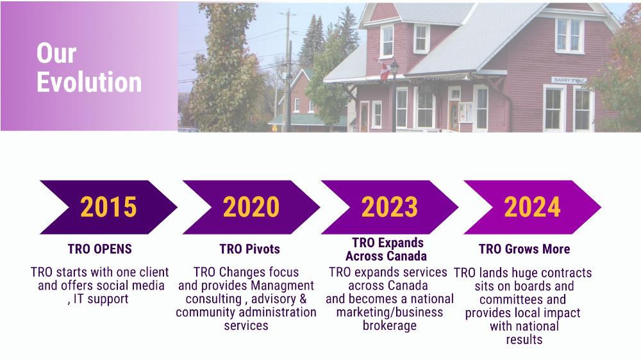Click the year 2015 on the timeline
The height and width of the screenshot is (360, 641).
108,207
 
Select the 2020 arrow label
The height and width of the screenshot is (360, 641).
251,207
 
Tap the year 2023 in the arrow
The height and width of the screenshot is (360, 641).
390,207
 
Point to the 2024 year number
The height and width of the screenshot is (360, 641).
532,207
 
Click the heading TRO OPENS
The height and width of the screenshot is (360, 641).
100,249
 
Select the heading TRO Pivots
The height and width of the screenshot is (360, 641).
250,249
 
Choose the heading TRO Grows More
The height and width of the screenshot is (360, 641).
524,249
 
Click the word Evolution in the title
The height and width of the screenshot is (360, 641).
89,82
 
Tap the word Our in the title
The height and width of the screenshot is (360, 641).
56,53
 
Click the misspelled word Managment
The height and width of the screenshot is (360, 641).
283,286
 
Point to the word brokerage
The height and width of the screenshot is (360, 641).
390,325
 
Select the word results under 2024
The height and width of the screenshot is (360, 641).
524,339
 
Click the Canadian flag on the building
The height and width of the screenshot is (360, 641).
384,70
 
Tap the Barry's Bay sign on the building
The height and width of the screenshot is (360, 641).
569,80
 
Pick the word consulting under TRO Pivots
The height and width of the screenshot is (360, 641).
213,299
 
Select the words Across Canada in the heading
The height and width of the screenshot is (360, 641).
387,256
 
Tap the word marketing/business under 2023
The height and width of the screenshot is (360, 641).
390,312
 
